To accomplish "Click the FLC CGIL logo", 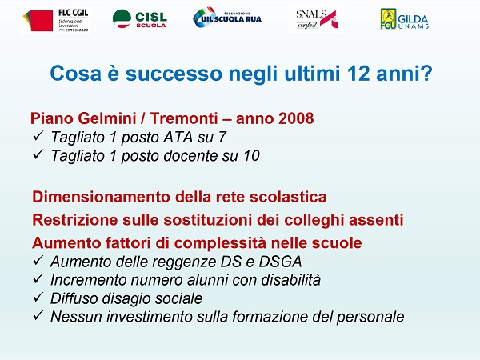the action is click(x=56, y=20).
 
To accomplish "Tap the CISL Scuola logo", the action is click(x=139, y=19).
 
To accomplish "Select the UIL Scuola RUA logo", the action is click(x=227, y=18).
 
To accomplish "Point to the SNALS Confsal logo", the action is click(x=316, y=19).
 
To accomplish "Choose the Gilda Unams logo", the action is click(x=404, y=19).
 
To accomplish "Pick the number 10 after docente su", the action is click(x=252, y=155).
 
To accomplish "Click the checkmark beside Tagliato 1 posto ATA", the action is click(x=38, y=136).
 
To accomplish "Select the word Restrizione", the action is click(x=75, y=220).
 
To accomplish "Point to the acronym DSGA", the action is click(x=280, y=262).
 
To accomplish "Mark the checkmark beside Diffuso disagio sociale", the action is click(x=38, y=297).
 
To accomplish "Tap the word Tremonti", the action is click(x=184, y=118).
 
